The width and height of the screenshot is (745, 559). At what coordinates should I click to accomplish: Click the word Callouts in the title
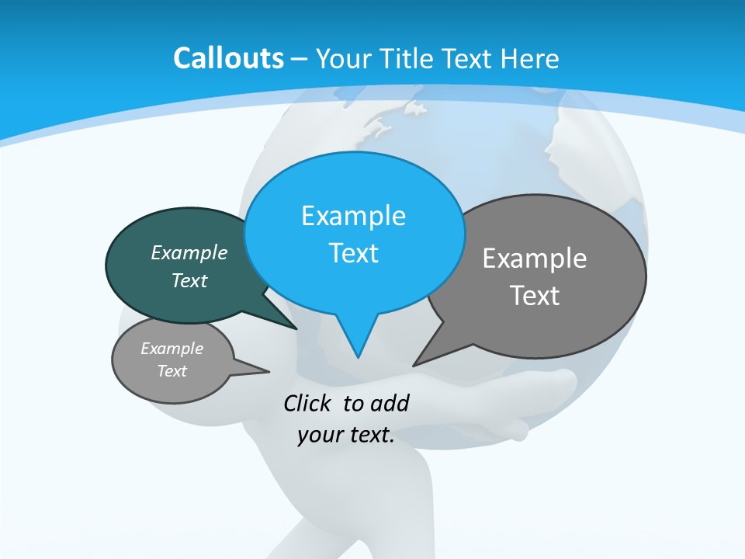(228, 58)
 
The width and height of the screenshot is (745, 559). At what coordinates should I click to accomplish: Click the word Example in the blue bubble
(353, 216)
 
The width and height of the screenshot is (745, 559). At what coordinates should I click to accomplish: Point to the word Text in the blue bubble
(353, 253)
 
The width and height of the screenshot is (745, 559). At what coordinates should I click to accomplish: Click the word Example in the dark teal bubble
(189, 253)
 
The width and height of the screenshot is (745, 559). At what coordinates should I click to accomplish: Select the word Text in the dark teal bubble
(189, 281)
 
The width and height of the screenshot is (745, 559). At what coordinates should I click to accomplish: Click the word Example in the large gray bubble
(535, 259)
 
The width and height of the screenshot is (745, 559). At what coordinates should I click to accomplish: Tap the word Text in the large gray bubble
(535, 296)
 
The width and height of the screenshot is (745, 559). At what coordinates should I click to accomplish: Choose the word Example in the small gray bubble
(172, 349)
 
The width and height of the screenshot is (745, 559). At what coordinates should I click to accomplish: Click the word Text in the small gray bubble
(172, 371)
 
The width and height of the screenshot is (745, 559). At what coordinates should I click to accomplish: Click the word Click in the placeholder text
(308, 403)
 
